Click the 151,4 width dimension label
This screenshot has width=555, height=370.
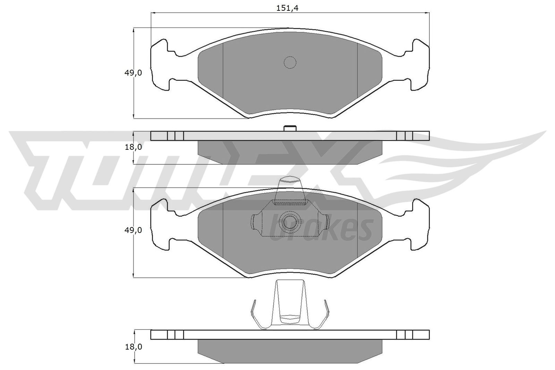point(287,8)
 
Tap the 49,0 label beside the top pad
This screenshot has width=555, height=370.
point(133,73)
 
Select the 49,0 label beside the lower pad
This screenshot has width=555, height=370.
point(133,230)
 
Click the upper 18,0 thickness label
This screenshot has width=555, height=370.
point(133,147)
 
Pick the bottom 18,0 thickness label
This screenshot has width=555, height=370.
point(133,346)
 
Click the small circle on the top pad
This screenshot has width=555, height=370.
point(290,62)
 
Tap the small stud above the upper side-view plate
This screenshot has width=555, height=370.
point(290,128)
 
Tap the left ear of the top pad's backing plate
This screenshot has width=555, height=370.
point(160,66)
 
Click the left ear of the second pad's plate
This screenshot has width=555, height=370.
point(160,225)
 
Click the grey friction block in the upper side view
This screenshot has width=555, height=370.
point(290,152)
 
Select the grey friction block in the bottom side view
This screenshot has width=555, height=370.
point(290,351)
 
